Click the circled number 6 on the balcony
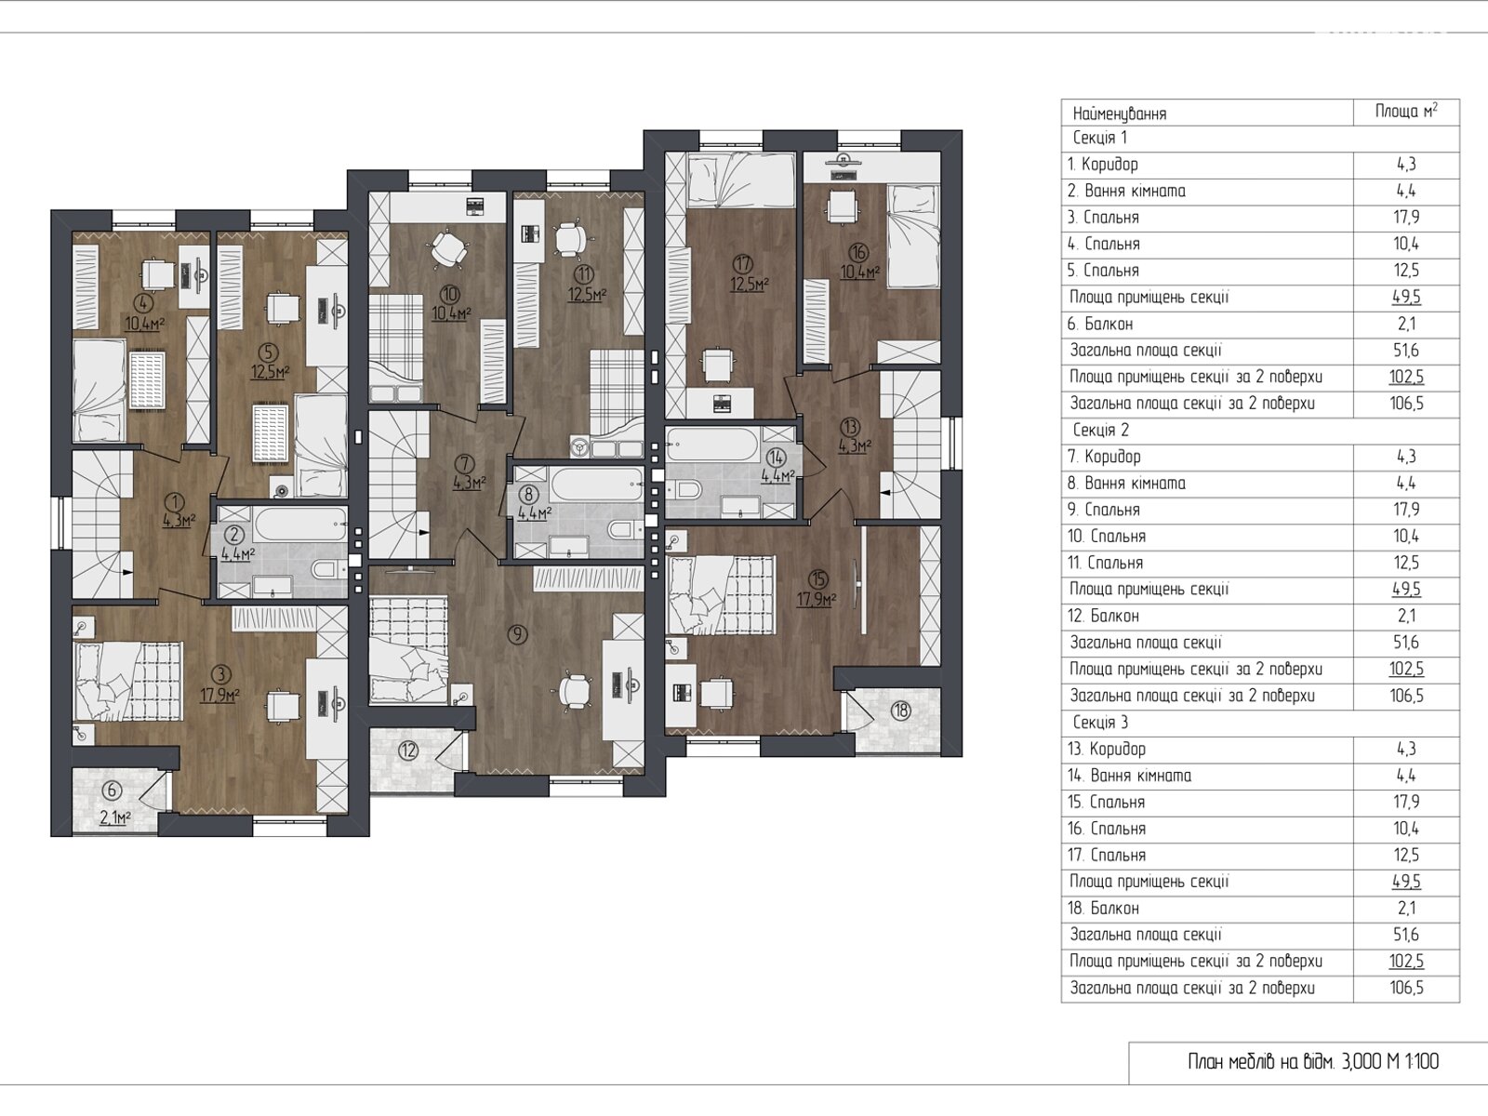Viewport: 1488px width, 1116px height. (x=113, y=790)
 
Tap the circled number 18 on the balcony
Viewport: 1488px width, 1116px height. (x=901, y=711)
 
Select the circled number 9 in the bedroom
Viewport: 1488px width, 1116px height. (x=517, y=634)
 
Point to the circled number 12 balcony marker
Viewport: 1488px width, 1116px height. (x=407, y=751)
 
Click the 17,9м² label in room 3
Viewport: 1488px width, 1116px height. (x=219, y=695)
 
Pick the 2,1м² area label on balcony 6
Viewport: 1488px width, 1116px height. (x=115, y=817)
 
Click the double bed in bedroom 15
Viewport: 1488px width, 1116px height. (x=721, y=595)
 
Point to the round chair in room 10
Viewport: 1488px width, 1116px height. (x=448, y=248)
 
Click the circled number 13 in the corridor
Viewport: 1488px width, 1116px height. (x=850, y=427)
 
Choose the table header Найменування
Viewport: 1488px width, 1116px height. (x=1119, y=113)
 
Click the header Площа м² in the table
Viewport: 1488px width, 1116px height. (x=1406, y=111)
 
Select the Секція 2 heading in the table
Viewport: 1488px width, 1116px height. (x=1100, y=430)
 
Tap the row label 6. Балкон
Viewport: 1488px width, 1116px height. (x=1099, y=324)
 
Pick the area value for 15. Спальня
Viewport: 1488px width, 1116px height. (x=1406, y=802)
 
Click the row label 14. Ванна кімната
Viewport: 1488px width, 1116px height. (x=1129, y=776)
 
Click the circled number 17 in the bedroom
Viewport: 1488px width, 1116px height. (x=744, y=263)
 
